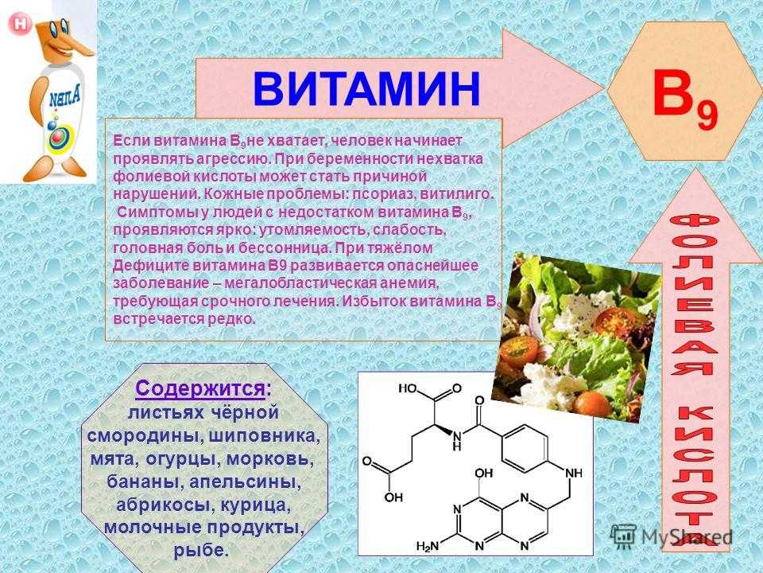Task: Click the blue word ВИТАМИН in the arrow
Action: pos(366,89)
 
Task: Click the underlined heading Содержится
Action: pos(200,389)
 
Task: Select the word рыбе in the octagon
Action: pos(201,550)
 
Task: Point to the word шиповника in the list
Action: pos(265,435)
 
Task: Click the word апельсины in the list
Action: pos(245,482)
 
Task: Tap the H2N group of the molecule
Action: pos(428,547)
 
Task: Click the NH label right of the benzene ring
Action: pos(574,473)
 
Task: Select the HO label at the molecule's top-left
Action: pos(408,388)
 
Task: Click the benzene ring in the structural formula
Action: pos(524,448)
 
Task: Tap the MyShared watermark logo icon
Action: pos(623,536)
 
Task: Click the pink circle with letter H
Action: pos(20,24)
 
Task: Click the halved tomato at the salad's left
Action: pos(519,349)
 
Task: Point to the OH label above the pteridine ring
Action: pos(483,473)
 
